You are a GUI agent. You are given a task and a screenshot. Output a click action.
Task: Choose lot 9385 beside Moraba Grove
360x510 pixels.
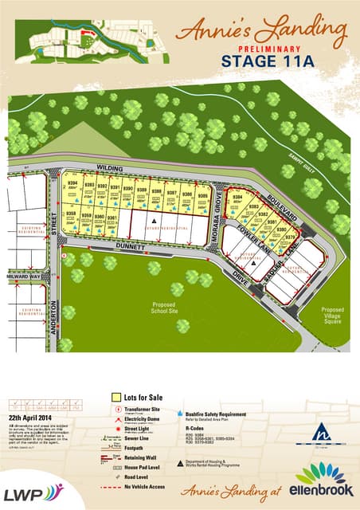click(203, 196)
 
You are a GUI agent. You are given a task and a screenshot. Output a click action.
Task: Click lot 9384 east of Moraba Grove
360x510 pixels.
click(237, 202)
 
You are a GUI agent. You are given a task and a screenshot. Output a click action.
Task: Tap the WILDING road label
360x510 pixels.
click(106, 168)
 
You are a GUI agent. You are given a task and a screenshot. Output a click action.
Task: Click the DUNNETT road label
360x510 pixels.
click(129, 247)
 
